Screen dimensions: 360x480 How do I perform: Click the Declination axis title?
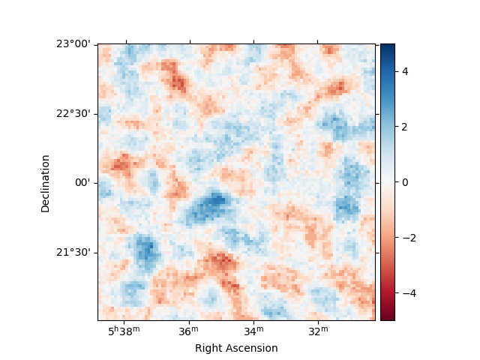point(46,183)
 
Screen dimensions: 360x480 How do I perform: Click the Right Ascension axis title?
point(236,348)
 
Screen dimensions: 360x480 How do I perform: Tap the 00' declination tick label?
point(82,182)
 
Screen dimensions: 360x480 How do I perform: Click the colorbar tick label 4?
point(404,71)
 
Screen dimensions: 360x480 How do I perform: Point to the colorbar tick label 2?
point(404,127)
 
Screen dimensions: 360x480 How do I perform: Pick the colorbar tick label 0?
point(404,182)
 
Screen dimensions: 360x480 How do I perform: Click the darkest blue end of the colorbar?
point(387,46)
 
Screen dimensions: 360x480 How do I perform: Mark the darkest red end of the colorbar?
point(387,318)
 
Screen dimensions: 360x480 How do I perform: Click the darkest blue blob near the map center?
point(217,199)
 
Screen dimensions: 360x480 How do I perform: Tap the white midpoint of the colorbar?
point(387,182)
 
